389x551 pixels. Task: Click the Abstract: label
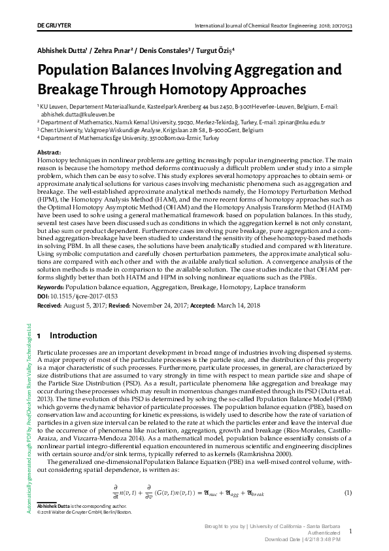pos(52,152)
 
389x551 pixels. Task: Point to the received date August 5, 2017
pos(88,305)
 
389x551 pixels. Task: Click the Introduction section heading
pos(73,336)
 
